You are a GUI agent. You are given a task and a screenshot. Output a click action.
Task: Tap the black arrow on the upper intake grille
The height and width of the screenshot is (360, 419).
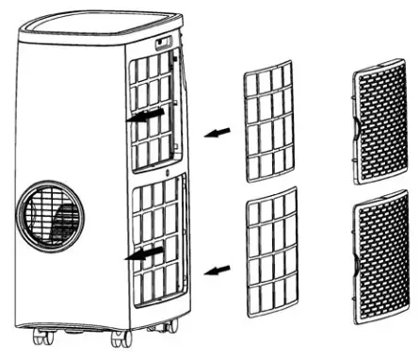tap(145, 114)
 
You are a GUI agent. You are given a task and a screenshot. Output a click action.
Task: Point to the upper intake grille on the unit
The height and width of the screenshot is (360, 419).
tap(152, 108)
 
